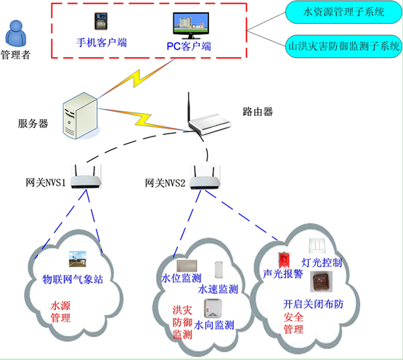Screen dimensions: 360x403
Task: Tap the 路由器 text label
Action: pos(257,112)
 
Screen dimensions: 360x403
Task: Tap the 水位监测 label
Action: pos(180,278)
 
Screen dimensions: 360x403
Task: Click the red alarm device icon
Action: pos(285,258)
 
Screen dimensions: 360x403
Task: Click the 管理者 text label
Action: pos(16,55)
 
